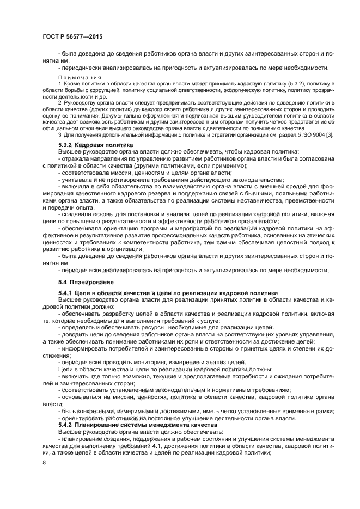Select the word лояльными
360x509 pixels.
pyautogui.click(x=286, y=193)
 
